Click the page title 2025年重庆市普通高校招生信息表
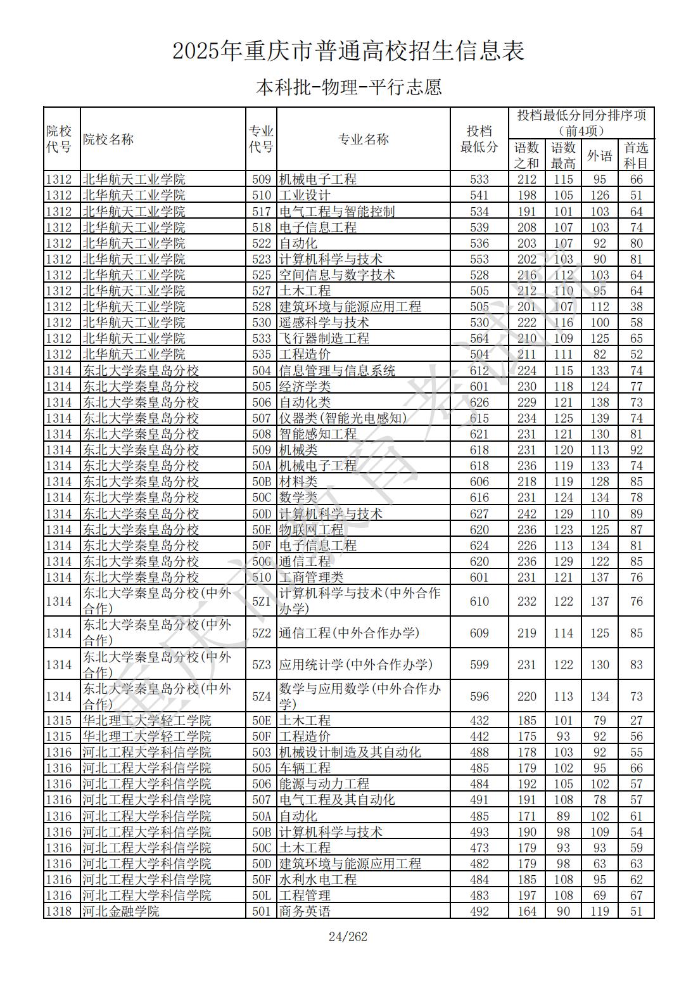tap(348, 51)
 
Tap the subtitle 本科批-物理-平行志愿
tap(348, 87)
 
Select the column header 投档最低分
tap(479, 139)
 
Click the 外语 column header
tap(599, 155)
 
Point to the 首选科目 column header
tap(636, 155)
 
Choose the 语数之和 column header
tap(526, 155)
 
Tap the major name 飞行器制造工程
tap(324, 338)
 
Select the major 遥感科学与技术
tap(324, 323)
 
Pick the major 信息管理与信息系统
tap(337, 371)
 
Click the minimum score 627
tap(479, 514)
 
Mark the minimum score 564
tap(479, 338)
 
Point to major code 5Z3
tap(261, 665)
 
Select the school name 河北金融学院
tap(121, 911)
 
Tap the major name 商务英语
tap(305, 911)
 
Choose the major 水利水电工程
tap(317, 880)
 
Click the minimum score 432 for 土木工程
tap(479, 721)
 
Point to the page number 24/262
tap(348, 937)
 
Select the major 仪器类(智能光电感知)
tap(343, 418)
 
